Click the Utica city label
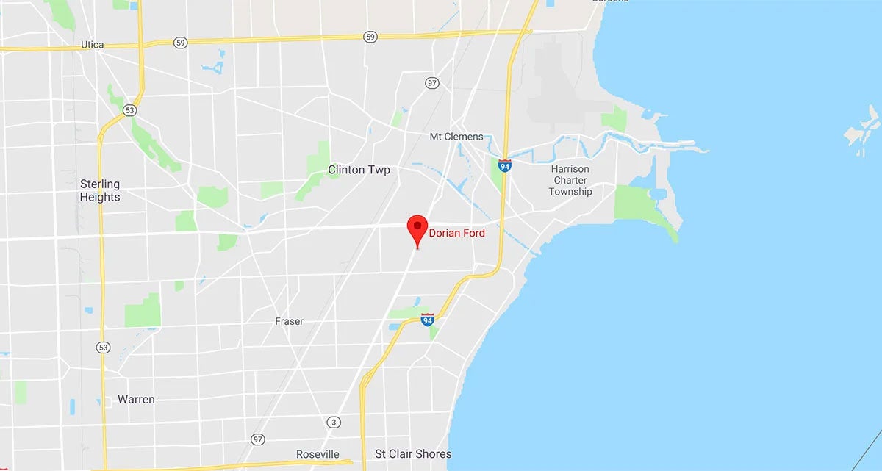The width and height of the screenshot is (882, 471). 92,45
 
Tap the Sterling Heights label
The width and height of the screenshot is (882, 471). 100,190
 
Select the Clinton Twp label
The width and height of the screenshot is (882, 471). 359,170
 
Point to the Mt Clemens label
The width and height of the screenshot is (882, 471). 456,137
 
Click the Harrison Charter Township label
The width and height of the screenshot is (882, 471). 570,180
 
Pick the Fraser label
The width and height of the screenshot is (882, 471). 289,321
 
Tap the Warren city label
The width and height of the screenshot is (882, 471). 136,400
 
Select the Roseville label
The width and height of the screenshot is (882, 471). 318,454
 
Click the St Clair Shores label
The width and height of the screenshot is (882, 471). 413,454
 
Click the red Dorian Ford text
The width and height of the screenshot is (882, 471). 457,233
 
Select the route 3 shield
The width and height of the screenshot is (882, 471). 335,422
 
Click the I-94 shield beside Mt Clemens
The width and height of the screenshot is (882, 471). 504,165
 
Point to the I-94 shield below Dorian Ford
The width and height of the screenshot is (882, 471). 428,319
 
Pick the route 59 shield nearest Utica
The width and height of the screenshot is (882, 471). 181,43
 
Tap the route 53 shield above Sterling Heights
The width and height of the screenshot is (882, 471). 130,109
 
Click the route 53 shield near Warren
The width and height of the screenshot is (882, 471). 103,347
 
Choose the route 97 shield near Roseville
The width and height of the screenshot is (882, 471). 257,439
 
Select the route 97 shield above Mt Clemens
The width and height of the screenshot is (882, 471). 432,82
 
